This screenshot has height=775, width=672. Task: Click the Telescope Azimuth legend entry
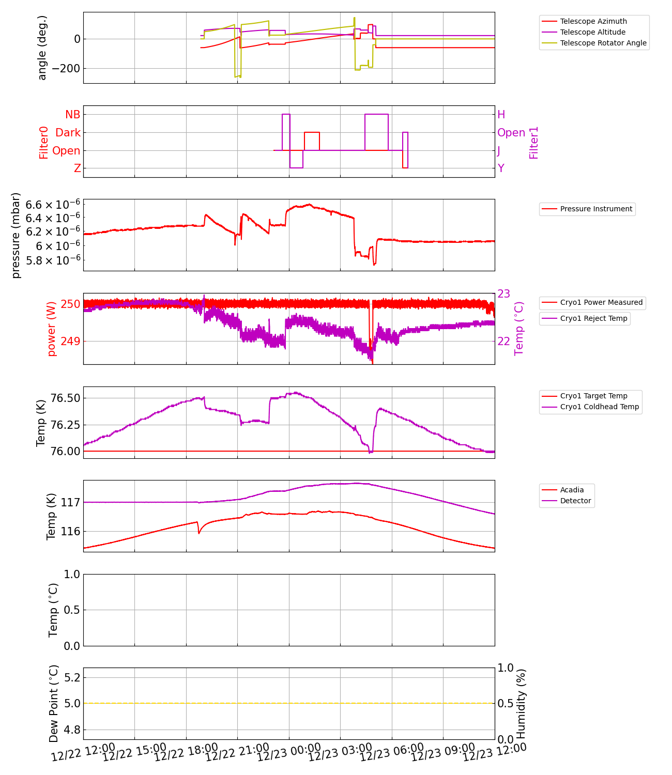[x=593, y=21]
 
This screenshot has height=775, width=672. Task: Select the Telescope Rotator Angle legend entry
[x=603, y=43]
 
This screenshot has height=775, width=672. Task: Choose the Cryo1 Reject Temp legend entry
[x=593, y=318]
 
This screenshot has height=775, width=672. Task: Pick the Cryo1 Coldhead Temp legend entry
[x=599, y=407]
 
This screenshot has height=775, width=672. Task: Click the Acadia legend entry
[x=572, y=490]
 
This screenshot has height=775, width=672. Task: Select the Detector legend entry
[x=575, y=501]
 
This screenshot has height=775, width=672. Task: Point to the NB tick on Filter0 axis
[x=72, y=115]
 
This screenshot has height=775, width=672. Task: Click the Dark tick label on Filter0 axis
[x=68, y=133]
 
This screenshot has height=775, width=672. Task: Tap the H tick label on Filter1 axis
[x=501, y=115]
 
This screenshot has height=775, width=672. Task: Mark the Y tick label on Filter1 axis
[x=501, y=168]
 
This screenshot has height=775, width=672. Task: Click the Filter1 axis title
[x=534, y=142]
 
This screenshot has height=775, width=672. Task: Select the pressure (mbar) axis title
[x=16, y=235]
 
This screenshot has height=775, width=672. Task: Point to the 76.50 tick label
[x=65, y=398]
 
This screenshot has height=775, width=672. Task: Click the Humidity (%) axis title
[x=521, y=704]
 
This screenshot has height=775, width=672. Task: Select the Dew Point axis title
[x=54, y=704]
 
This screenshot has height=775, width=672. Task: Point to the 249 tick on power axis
[x=70, y=341]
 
